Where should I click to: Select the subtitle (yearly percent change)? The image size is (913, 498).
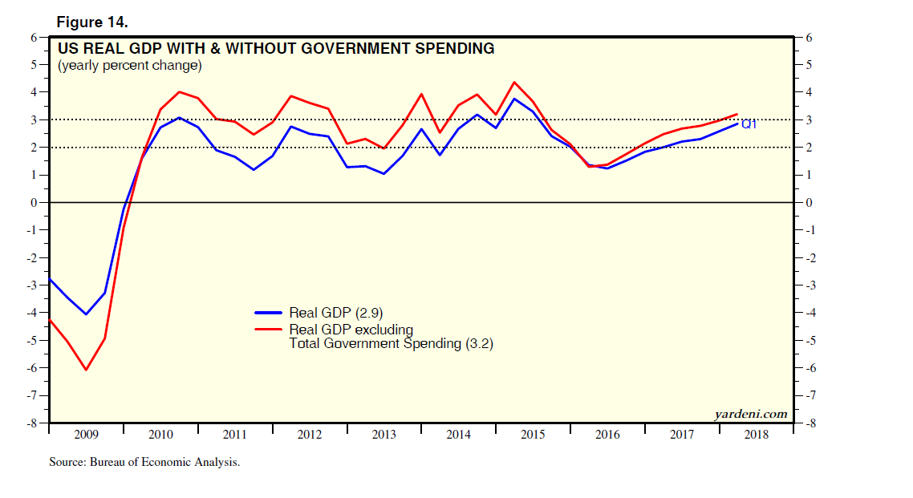(129, 66)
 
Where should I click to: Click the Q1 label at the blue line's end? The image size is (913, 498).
(749, 124)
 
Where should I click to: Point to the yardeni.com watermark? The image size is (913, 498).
(750, 414)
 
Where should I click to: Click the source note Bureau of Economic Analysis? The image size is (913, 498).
(144, 463)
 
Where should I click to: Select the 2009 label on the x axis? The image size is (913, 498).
(86, 435)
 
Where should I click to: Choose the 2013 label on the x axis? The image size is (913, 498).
(383, 435)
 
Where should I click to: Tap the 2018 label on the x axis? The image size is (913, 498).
(756, 435)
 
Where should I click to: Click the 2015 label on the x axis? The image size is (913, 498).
(533, 435)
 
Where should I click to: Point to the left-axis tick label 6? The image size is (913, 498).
(34, 37)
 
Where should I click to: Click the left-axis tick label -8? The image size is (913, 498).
(31, 423)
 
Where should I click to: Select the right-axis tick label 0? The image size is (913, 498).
(808, 203)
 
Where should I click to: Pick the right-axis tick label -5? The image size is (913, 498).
(810, 341)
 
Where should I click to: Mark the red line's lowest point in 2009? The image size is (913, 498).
(86, 370)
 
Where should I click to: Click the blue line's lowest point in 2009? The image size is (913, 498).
(86, 314)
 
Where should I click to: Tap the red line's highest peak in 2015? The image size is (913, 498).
(514, 82)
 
